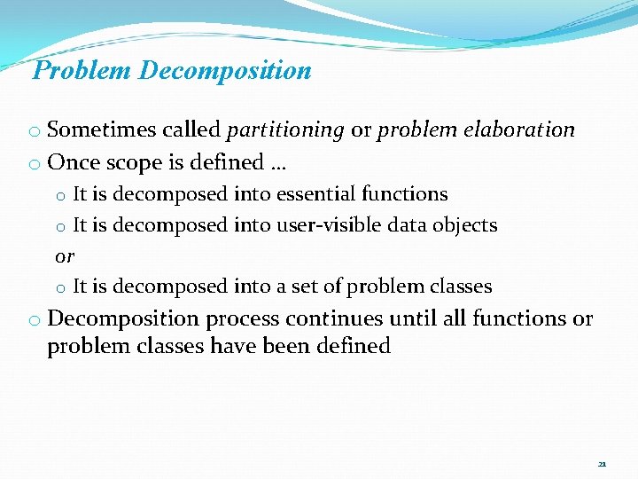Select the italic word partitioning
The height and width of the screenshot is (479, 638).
tap(285, 130)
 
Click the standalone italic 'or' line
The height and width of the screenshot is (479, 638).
tap(65, 256)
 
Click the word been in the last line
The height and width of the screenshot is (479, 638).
tap(289, 346)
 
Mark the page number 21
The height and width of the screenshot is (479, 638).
tap(602, 464)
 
